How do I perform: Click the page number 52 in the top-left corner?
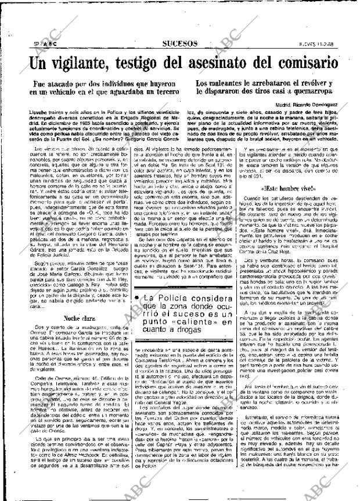coord(17,44)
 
